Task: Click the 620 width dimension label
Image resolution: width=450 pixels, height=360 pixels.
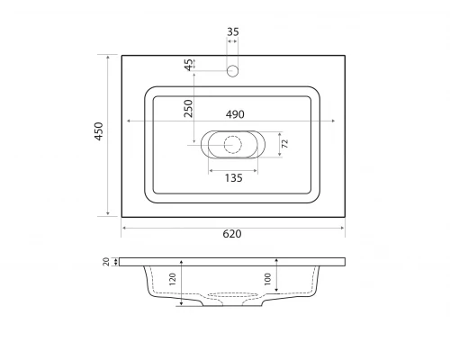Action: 232,234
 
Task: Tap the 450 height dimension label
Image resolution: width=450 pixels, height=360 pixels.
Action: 99,131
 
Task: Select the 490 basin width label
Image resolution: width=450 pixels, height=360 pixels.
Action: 235,114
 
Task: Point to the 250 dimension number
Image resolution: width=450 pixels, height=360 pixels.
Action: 188,108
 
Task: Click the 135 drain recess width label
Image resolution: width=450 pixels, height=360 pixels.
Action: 234,178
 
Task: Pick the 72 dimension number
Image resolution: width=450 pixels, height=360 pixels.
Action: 285,143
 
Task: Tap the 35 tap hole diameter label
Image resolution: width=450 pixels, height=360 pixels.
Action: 233,31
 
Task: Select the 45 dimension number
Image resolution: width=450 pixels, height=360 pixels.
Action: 189,65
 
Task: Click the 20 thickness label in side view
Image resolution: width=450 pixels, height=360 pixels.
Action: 106,262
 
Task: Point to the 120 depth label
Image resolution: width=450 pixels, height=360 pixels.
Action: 173,279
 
